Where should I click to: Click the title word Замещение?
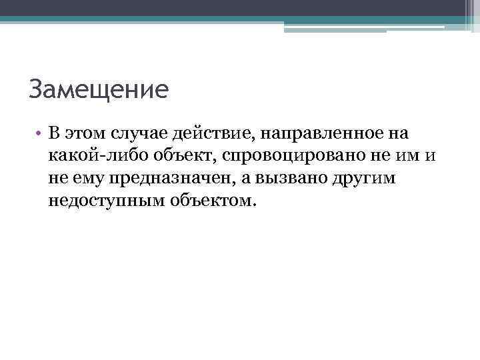(99, 89)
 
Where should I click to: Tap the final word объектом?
(209, 199)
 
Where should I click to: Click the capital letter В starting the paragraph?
(55, 133)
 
